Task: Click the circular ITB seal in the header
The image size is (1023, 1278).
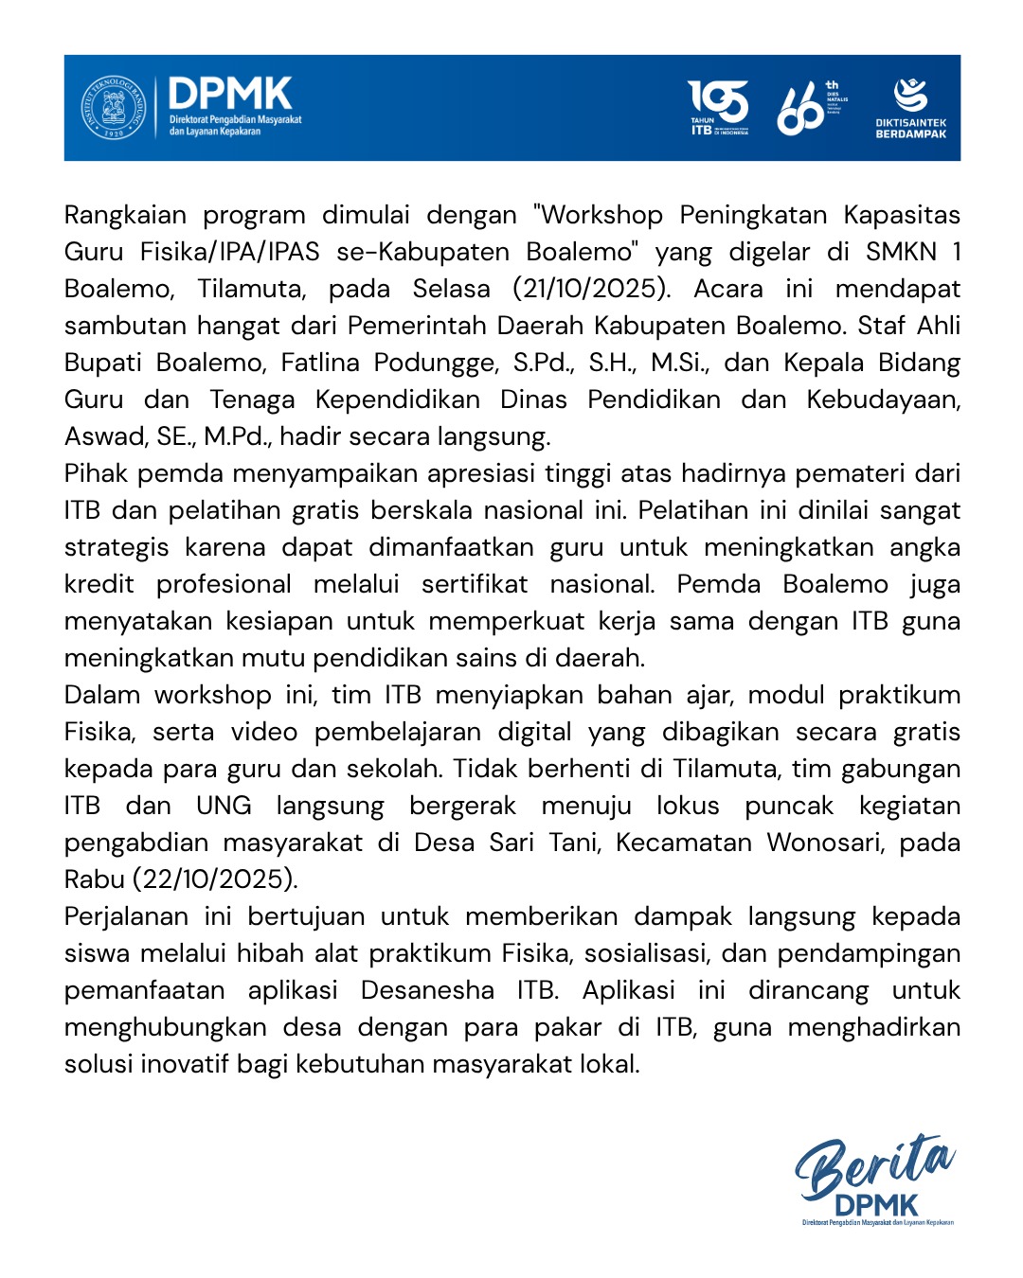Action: click(114, 108)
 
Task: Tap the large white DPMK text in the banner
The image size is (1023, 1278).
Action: click(230, 95)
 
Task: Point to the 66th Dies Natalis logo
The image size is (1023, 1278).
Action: click(811, 108)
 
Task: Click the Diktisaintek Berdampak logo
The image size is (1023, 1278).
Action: click(910, 108)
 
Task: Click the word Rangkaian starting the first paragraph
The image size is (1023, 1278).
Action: click(125, 215)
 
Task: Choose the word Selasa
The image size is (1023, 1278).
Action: click(451, 289)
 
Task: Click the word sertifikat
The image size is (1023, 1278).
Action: click(475, 584)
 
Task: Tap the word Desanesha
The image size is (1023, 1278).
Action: click(427, 990)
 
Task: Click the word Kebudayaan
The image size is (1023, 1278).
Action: click(883, 399)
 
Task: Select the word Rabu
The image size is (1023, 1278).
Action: click(95, 879)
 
